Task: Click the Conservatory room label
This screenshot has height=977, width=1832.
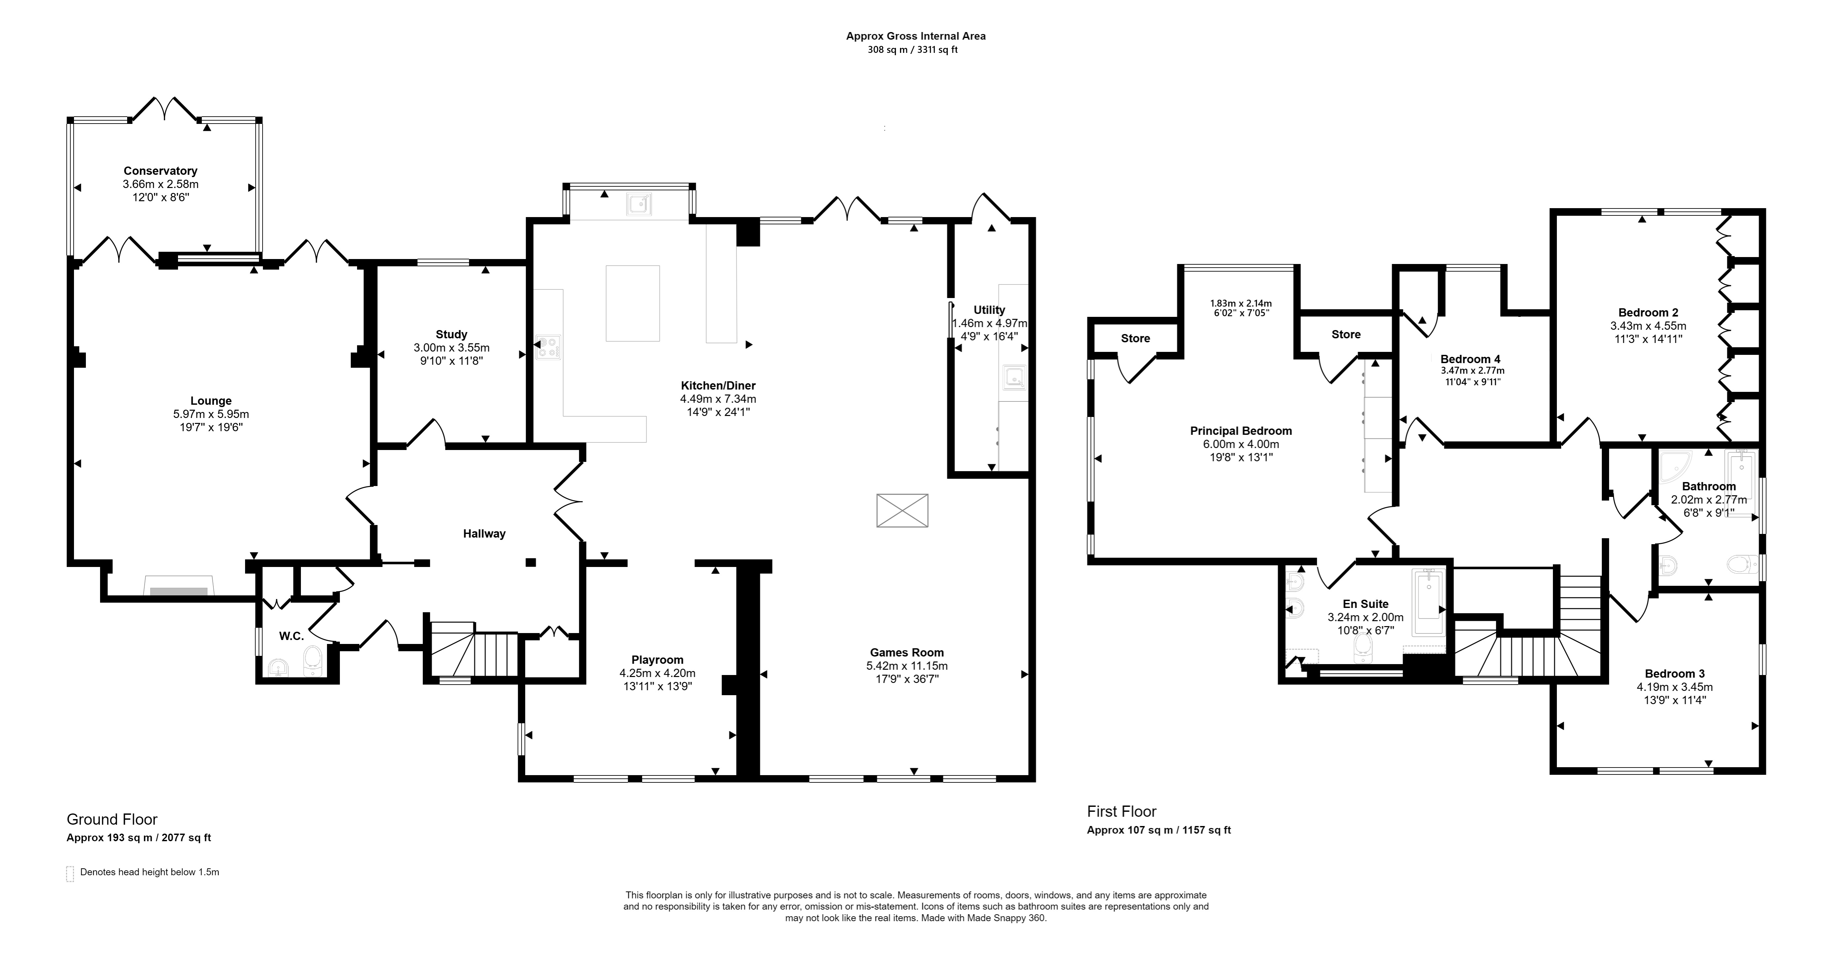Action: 160,171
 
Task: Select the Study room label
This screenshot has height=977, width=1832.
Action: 451,334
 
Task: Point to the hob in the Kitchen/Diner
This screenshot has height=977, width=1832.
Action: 548,347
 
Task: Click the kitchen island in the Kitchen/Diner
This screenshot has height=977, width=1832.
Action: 632,303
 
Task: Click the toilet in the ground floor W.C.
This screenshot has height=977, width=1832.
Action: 313,661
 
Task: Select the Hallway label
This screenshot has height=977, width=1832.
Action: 484,534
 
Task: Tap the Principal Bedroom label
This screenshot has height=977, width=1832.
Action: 1241,431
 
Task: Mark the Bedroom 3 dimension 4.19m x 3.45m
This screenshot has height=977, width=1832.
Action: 1674,687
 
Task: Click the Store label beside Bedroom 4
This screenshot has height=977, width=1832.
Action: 1346,334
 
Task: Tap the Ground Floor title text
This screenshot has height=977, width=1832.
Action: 112,820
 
